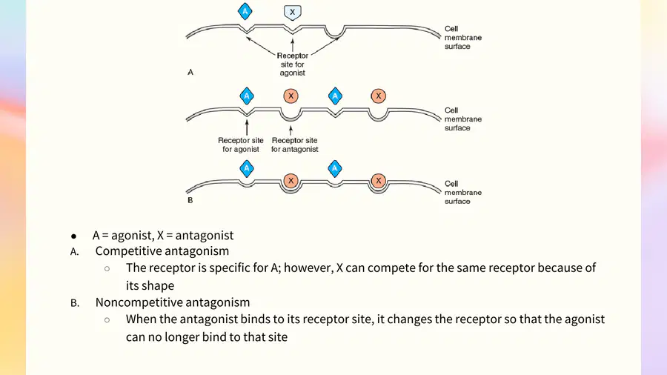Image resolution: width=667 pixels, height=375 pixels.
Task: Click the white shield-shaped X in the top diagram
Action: tap(292, 13)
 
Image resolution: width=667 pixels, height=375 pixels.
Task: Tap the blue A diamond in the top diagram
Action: tap(245, 11)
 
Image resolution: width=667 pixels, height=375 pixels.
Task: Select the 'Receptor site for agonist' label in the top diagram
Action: tap(292, 64)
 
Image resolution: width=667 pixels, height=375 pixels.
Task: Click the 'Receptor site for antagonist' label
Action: tap(294, 145)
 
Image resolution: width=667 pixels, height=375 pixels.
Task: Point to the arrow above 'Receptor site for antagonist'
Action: tap(291, 130)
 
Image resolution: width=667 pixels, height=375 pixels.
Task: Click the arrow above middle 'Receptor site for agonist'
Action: tap(247, 127)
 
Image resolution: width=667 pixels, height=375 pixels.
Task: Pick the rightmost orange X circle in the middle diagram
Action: tap(378, 96)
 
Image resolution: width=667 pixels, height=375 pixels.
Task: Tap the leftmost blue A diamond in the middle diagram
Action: tap(247, 96)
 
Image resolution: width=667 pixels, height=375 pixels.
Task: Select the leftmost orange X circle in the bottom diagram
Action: tap(291, 181)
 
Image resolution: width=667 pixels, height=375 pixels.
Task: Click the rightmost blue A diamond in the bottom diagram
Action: tap(335, 169)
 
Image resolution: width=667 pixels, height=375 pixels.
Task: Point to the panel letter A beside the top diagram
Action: tap(190, 73)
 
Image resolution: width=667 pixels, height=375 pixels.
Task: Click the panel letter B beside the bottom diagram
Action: tap(190, 200)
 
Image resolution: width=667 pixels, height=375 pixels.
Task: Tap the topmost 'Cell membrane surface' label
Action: tap(463, 37)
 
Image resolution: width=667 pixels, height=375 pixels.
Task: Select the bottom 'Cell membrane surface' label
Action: tap(463, 193)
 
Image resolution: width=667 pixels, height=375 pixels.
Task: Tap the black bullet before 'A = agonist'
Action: tap(73, 236)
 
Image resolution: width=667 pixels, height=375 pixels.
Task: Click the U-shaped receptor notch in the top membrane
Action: tap(335, 33)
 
